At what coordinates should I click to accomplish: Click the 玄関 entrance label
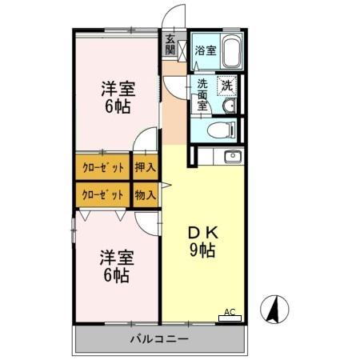[170, 44]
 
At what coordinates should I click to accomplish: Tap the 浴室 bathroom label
[205, 50]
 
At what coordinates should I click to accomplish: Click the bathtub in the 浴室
[230, 53]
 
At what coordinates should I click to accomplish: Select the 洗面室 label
[202, 92]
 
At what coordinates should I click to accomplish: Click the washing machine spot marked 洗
[227, 86]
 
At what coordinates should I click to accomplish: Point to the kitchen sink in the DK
[232, 156]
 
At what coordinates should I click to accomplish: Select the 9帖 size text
[203, 250]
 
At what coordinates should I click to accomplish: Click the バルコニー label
[159, 339]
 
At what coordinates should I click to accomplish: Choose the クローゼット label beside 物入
[103, 195]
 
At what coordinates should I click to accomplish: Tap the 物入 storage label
[145, 195]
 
